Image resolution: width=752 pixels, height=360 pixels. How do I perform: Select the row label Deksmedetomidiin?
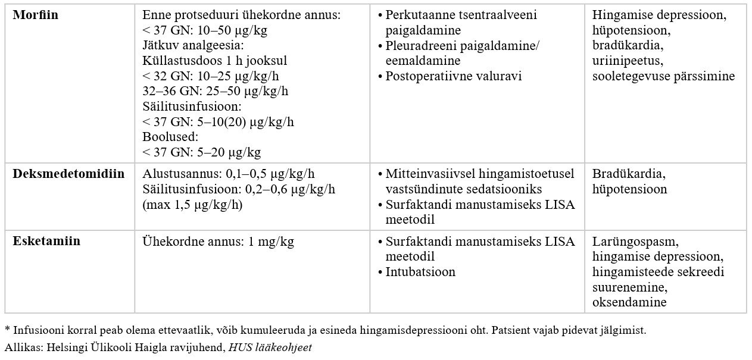[68, 174]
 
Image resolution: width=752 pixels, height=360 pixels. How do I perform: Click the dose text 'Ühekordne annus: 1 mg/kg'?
[218, 242]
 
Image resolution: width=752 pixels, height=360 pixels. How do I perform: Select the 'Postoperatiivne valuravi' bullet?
[454, 76]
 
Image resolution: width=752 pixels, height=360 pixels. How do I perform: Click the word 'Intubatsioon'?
[420, 273]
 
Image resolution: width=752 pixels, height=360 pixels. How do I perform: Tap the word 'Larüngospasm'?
[635, 242]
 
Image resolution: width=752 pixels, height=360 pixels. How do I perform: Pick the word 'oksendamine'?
[629, 303]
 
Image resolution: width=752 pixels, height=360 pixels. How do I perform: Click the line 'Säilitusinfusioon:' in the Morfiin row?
[192, 107]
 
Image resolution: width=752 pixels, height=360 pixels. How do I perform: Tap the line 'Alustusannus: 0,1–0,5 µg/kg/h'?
[229, 174]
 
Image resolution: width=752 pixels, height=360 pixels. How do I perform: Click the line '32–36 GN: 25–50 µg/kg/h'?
[216, 92]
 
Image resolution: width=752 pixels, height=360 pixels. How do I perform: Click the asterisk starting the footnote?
[8, 328]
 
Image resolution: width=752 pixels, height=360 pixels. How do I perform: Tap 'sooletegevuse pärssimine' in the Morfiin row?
[663, 76]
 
